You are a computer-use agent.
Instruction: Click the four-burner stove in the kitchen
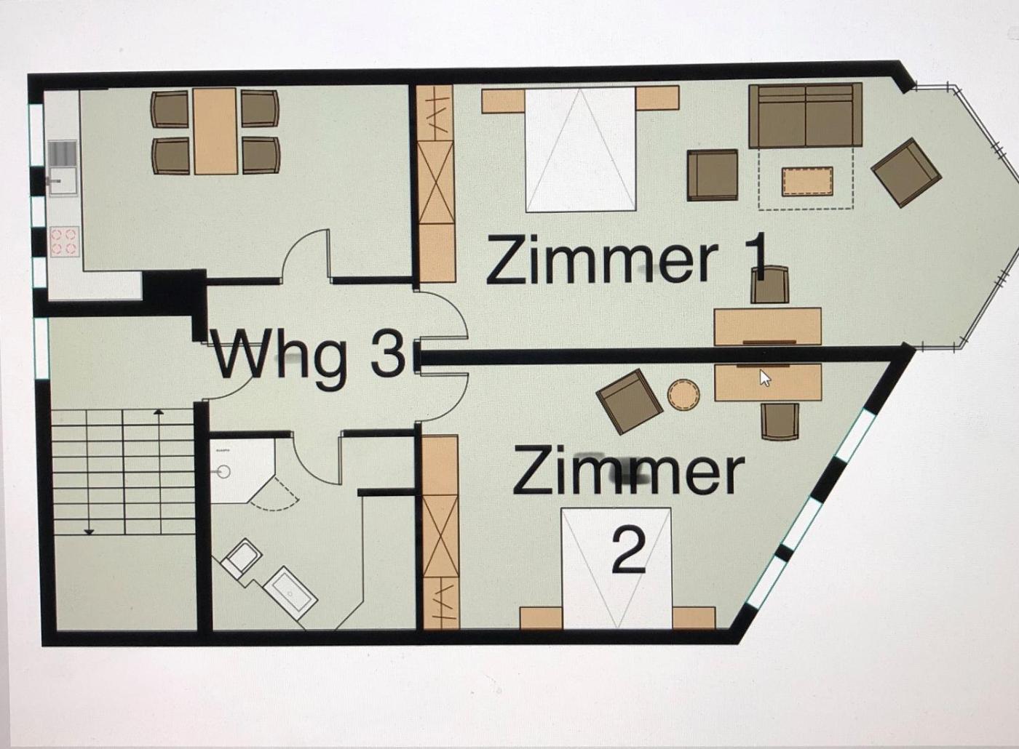coord(63,241)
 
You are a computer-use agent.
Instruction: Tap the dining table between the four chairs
coord(215,132)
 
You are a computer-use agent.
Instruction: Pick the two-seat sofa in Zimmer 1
coord(806,116)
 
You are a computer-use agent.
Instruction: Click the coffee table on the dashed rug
coord(807,182)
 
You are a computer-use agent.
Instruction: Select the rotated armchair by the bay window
coord(905,173)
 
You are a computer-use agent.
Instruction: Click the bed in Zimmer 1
coord(581,149)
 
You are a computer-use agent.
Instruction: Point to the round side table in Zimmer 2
coord(683,395)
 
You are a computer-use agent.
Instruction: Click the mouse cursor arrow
coord(765,378)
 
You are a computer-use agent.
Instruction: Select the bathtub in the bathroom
coord(290,589)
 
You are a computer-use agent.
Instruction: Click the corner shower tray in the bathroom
coord(242,470)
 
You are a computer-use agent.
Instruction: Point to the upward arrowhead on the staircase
coord(159,412)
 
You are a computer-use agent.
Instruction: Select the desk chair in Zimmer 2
coord(780,421)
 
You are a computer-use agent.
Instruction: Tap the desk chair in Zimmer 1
coord(770,285)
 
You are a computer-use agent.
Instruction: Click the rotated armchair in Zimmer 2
coord(630,401)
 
